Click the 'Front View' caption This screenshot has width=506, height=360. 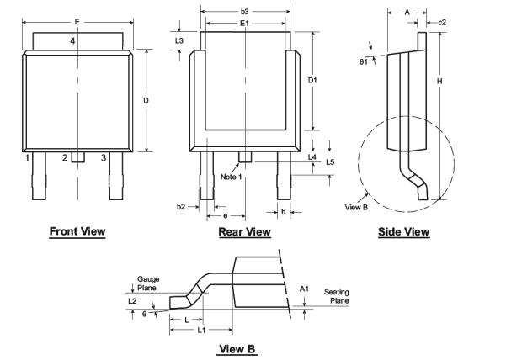(77, 231)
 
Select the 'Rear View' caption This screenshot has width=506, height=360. (244, 231)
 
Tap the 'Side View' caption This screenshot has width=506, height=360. (403, 231)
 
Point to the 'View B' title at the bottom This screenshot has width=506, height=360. (237, 348)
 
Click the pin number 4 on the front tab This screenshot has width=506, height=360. (72, 40)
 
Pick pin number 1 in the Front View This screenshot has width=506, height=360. (28, 157)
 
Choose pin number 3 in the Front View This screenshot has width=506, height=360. (104, 157)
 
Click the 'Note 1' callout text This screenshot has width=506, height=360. (232, 177)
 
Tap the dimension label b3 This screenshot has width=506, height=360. (244, 12)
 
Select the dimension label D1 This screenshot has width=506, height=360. (312, 80)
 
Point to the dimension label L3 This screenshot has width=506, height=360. (178, 40)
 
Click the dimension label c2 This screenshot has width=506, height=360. (443, 22)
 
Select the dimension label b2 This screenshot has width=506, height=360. (180, 206)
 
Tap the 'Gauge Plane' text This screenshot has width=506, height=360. (148, 283)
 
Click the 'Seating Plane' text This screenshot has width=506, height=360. (338, 296)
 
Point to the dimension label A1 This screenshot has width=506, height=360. (304, 289)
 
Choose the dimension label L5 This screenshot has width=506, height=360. (330, 161)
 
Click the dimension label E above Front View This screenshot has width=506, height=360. (77, 20)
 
